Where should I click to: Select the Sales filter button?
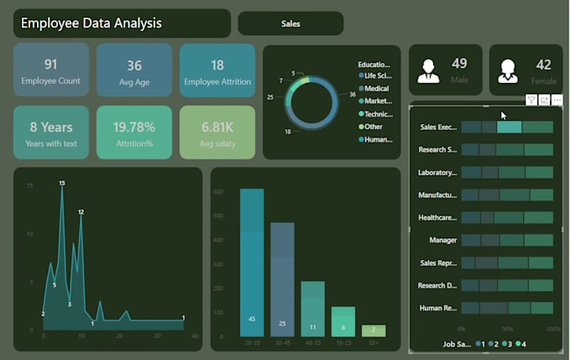pyautogui.click(x=290, y=23)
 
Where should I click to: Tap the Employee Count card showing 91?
pyautogui.click(x=51, y=70)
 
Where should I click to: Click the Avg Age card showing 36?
pyautogui.click(x=134, y=70)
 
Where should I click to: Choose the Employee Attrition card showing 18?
pyautogui.click(x=217, y=70)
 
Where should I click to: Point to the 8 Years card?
pyautogui.click(x=51, y=133)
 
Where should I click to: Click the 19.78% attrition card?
pyautogui.click(x=134, y=133)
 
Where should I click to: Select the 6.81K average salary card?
pyautogui.click(x=217, y=133)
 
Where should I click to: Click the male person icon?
pyautogui.click(x=429, y=70)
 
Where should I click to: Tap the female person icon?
pyautogui.click(x=507, y=70)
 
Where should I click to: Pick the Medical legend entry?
pyautogui.click(x=375, y=88)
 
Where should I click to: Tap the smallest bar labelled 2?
pyautogui.click(x=374, y=331)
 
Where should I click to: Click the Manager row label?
pyautogui.click(x=443, y=240)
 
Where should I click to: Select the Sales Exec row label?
pyautogui.click(x=437, y=128)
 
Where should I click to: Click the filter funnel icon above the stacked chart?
pyautogui.click(x=532, y=100)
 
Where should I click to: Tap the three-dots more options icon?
pyautogui.click(x=557, y=100)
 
